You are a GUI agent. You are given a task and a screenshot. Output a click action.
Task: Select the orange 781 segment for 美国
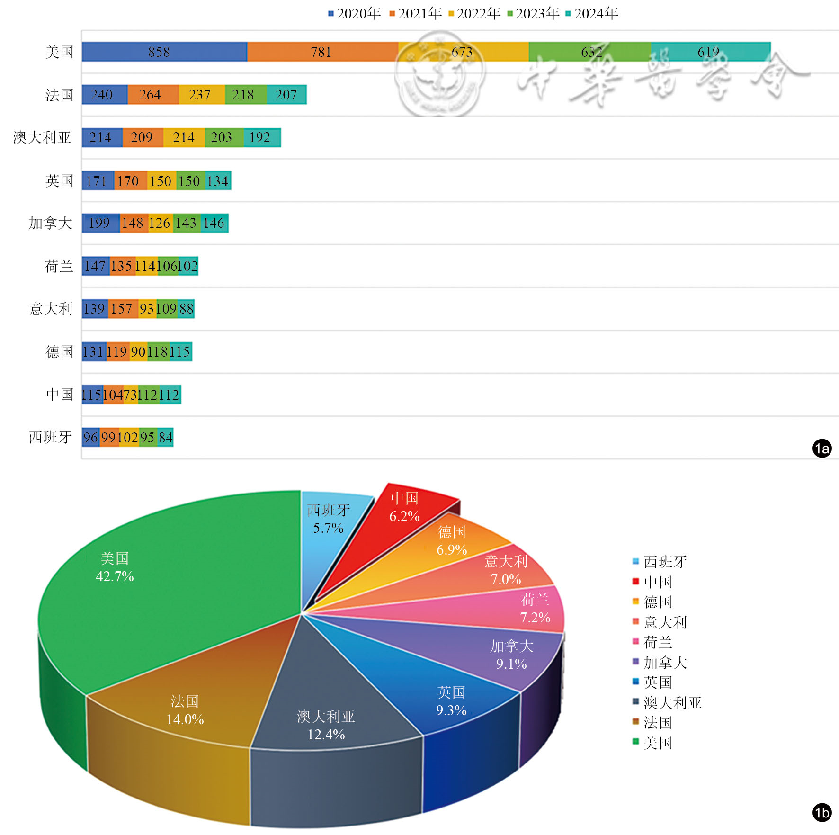coord(322,52)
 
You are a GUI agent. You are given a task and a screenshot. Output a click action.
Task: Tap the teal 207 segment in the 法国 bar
coord(286,95)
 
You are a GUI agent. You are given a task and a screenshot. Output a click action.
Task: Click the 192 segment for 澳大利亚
coord(262,137)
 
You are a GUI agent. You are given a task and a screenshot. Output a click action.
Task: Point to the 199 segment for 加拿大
coord(100,223)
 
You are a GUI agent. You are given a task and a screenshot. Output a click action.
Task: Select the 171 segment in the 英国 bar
coord(98,181)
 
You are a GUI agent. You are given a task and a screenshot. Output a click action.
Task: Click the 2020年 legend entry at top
coord(355,13)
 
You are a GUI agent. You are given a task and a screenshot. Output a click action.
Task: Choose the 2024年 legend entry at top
coord(592,13)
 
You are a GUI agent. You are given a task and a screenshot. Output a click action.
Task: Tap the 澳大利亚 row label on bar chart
coord(42,137)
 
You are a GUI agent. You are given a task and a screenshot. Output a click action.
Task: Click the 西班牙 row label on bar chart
coord(51,437)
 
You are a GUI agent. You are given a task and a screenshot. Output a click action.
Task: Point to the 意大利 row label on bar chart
coord(51,309)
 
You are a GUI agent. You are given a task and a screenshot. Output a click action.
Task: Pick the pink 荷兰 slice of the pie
coord(521,611)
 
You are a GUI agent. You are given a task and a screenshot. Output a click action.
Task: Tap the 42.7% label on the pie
coord(115,576)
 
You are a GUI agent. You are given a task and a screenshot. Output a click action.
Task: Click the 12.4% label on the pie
coord(326,735)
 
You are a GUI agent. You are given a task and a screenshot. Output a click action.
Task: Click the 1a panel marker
coord(822,448)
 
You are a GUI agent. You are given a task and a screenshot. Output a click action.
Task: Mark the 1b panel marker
coord(822,813)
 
